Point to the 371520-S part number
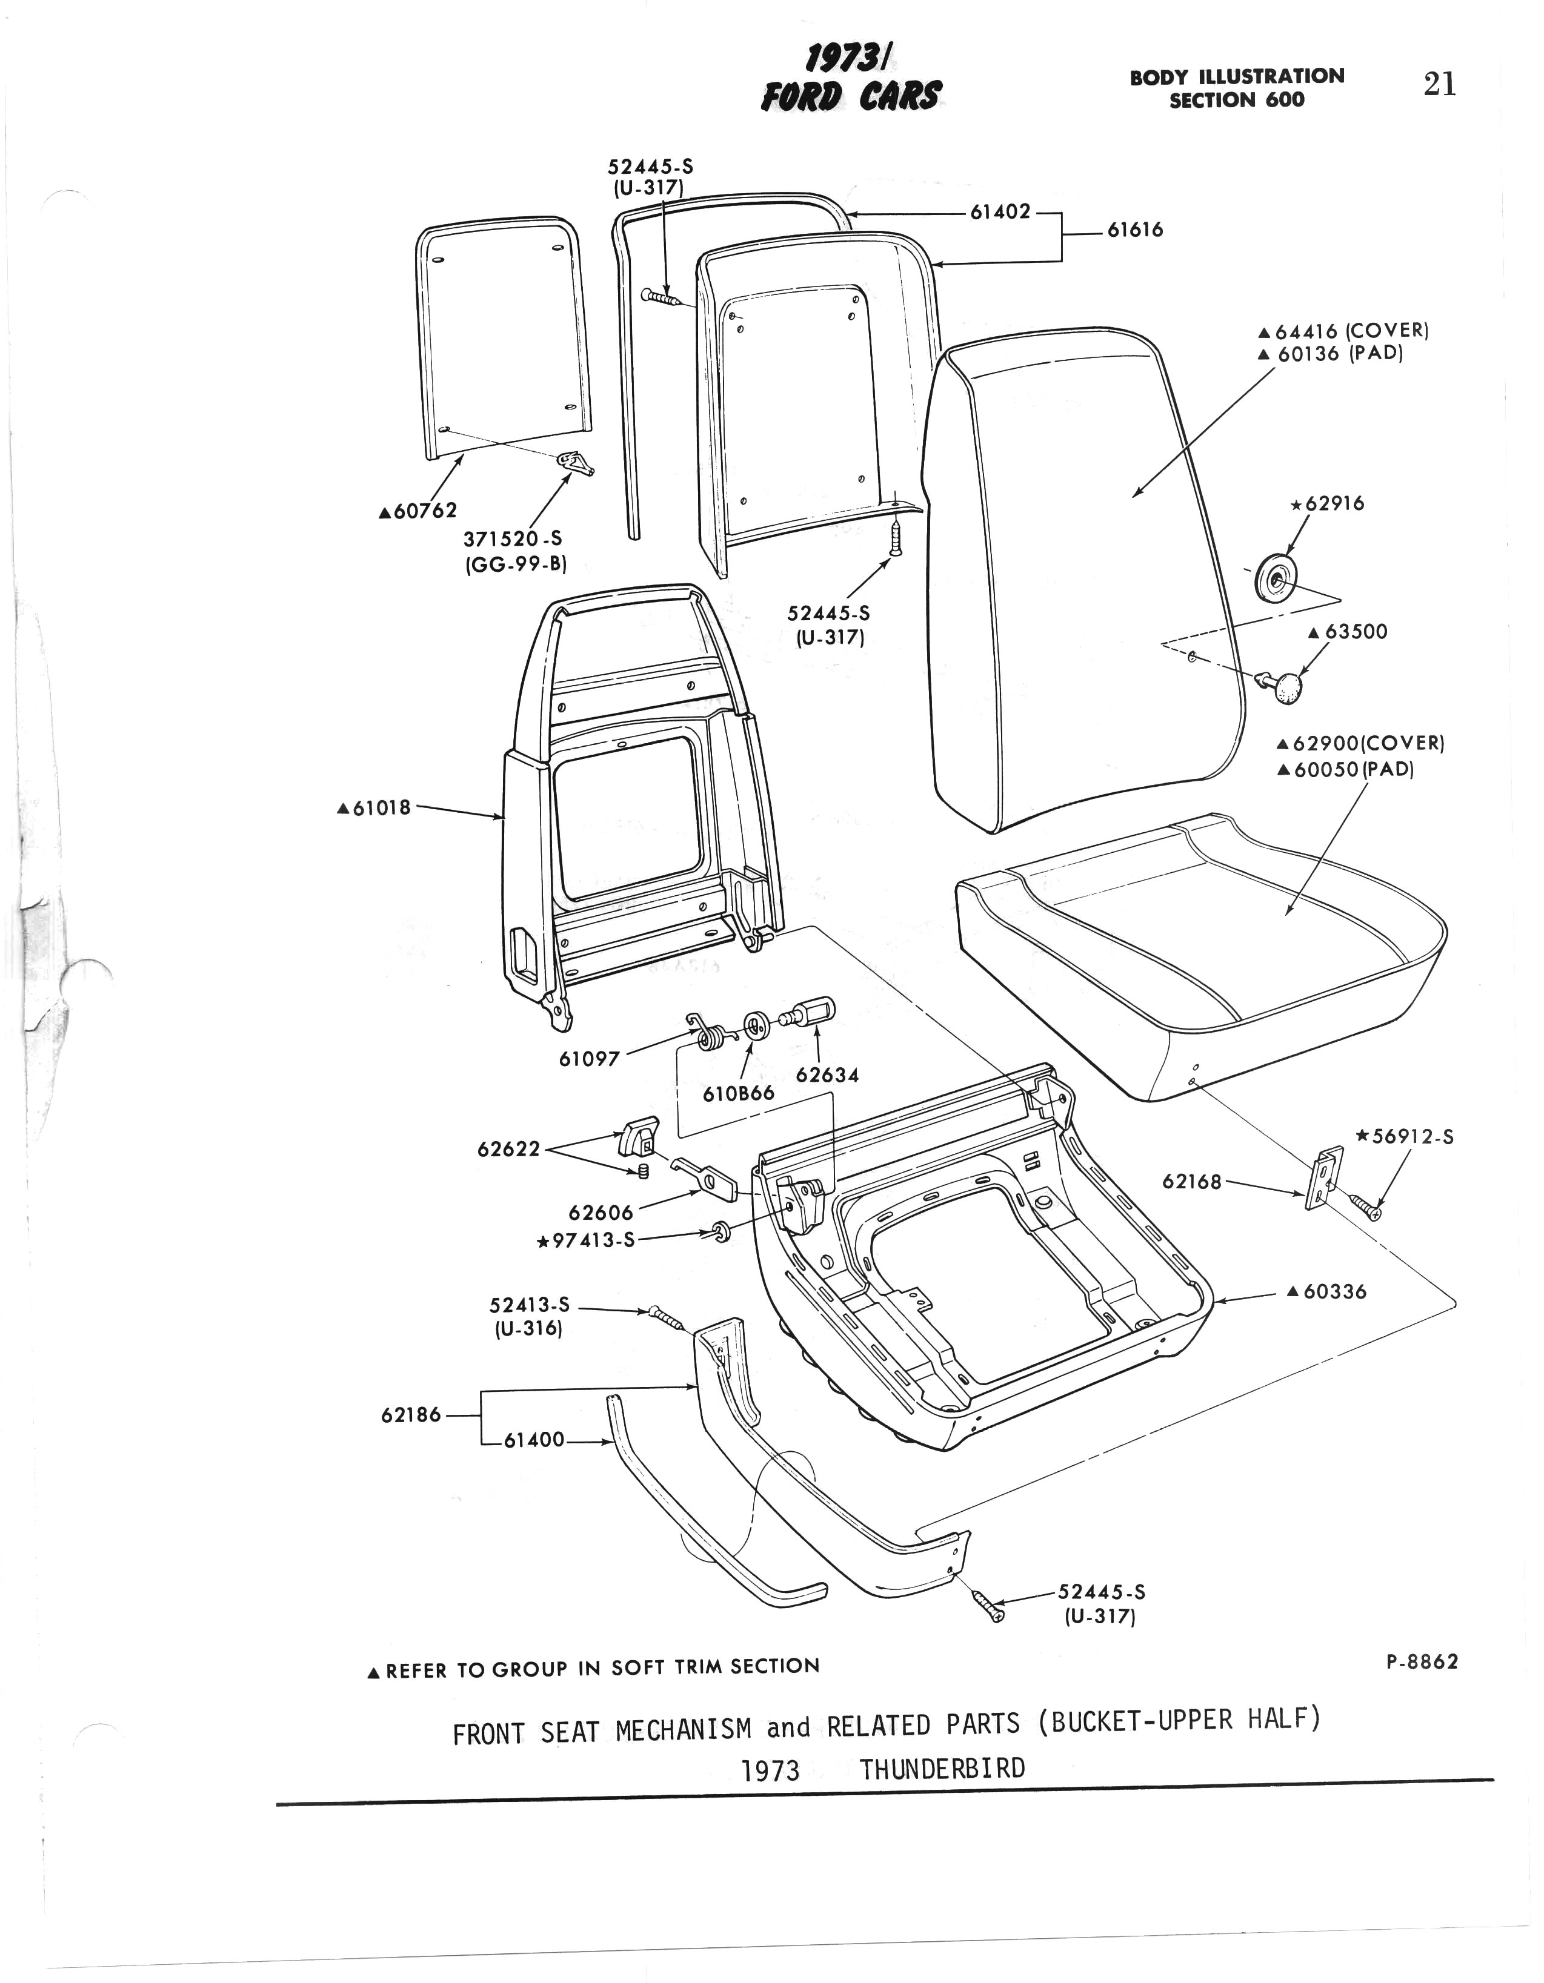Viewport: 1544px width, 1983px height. pyautogui.click(x=513, y=538)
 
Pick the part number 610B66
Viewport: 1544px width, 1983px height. pyautogui.click(x=739, y=1093)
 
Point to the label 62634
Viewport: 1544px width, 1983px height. pyautogui.click(x=827, y=1075)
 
